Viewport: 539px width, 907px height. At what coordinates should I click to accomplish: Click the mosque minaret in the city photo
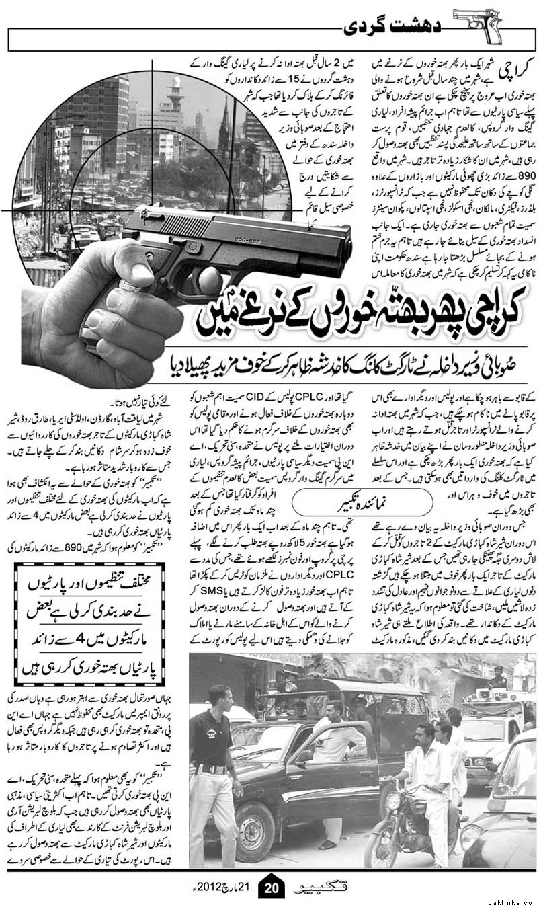click(x=176, y=94)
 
